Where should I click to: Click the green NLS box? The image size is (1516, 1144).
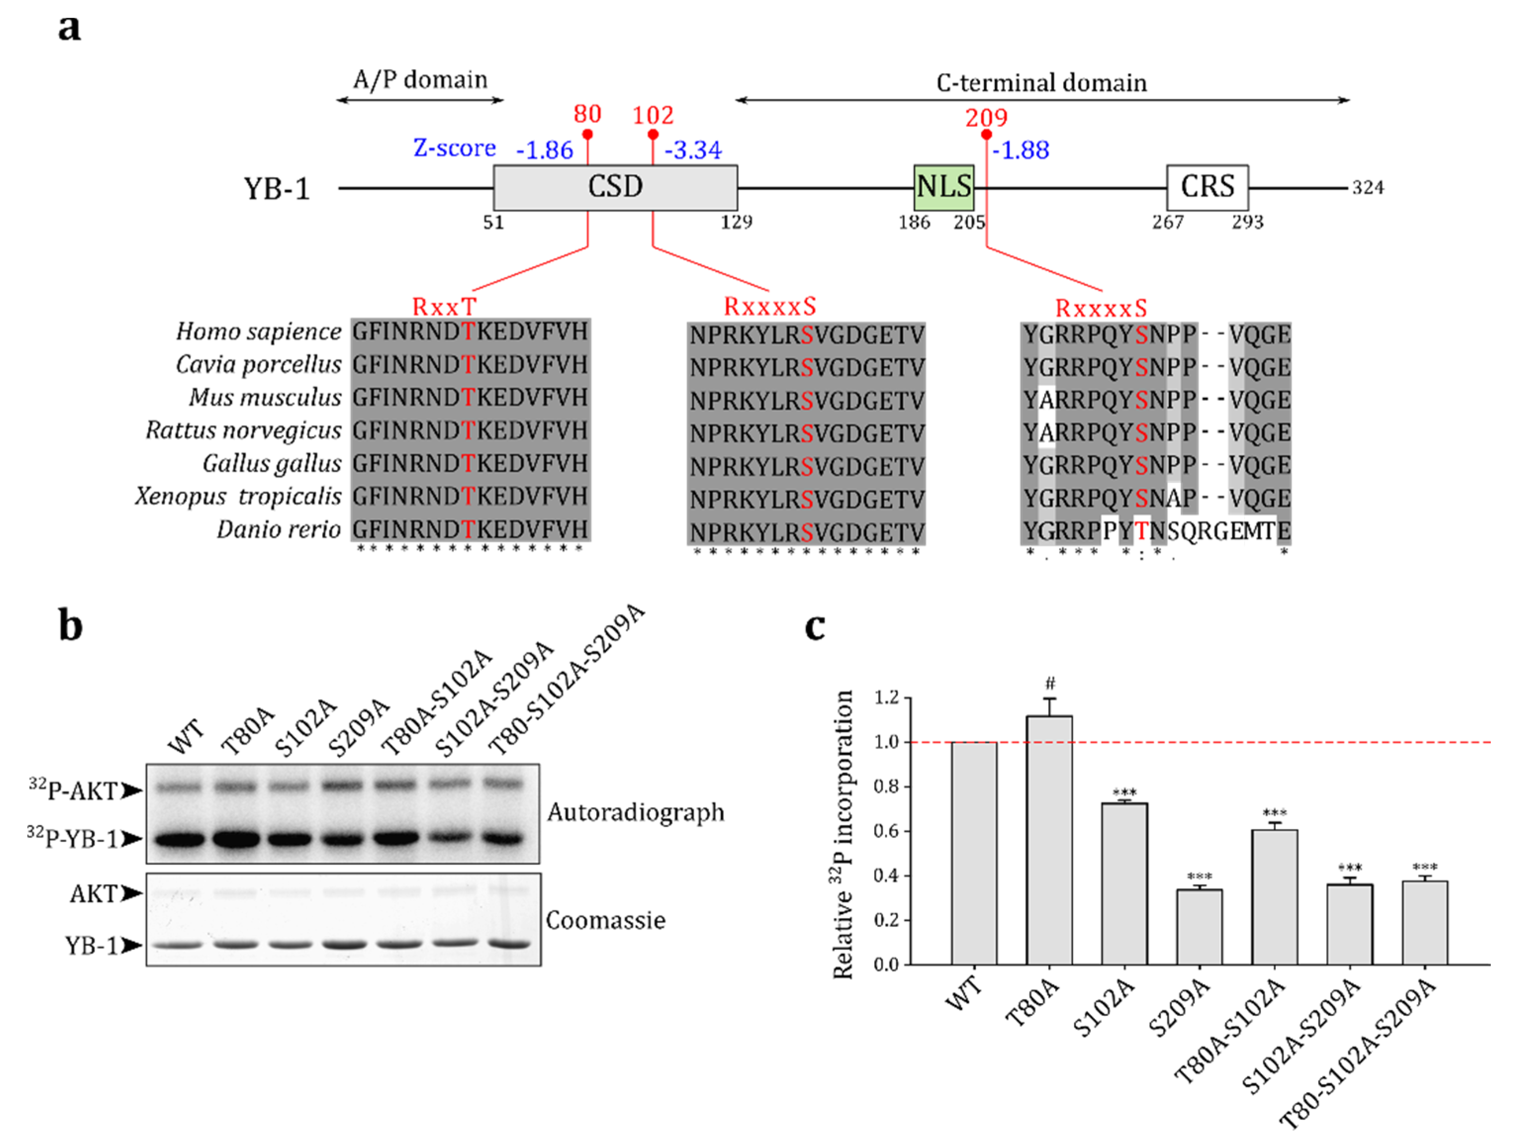944,187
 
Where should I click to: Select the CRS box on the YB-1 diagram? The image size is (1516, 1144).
1207,187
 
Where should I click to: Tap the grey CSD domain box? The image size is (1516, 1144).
615,187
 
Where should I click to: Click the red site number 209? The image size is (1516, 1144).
986,118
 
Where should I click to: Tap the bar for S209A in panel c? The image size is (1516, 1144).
1200,926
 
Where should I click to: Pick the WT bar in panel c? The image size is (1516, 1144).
974,853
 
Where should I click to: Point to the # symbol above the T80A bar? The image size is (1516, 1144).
1050,683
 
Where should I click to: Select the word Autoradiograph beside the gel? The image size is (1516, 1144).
635,812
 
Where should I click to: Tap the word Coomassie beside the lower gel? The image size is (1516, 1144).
605,920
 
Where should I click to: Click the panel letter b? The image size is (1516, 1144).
71,626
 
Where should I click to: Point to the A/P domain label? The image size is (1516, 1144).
420,80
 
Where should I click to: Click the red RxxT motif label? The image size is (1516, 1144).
444,307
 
